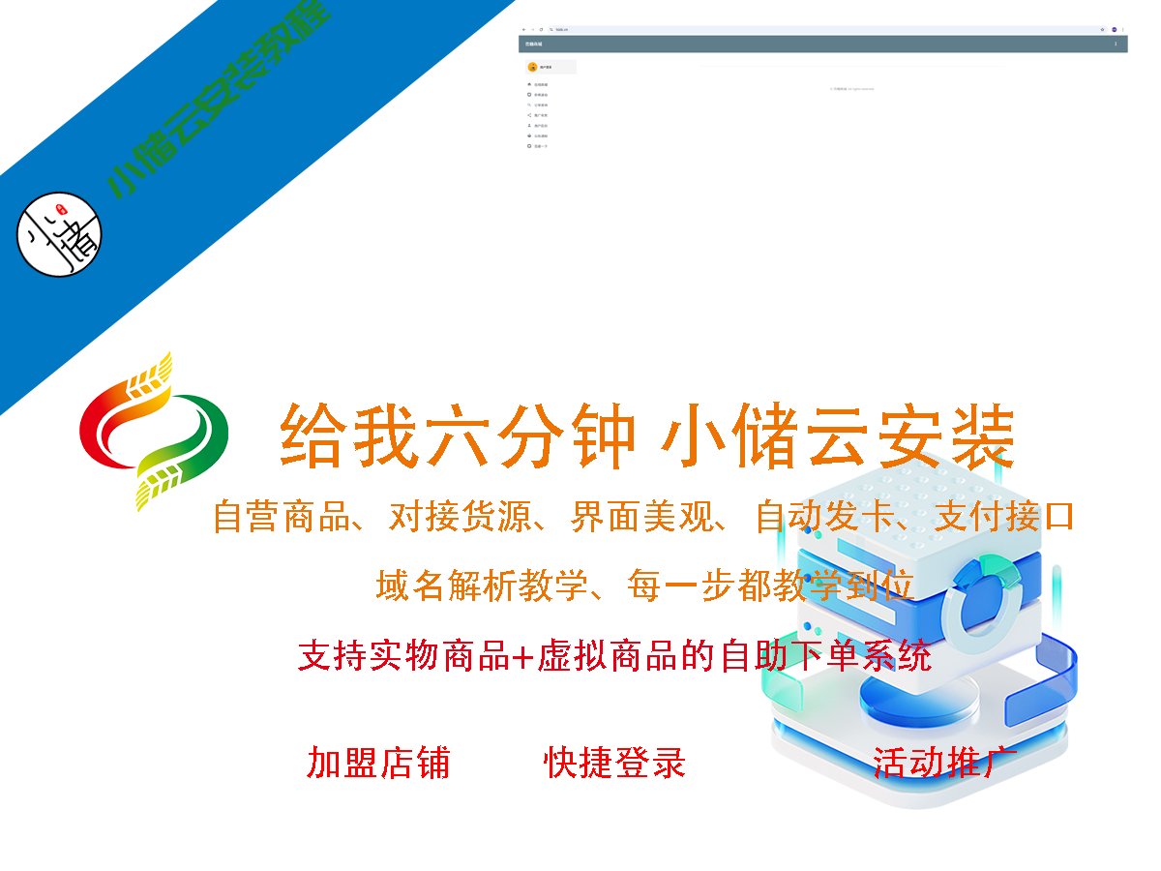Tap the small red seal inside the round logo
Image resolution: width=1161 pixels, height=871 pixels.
point(59,210)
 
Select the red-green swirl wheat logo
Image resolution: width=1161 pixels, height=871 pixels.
point(154,431)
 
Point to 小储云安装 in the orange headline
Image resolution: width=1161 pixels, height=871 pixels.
point(838,437)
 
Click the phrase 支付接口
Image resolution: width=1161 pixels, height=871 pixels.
point(1004,516)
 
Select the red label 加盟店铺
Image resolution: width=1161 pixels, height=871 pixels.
point(378,763)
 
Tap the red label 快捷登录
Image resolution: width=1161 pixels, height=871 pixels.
point(615,763)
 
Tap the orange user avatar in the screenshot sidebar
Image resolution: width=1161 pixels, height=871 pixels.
point(533,67)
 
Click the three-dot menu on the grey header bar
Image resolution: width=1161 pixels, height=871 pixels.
point(1116,44)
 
